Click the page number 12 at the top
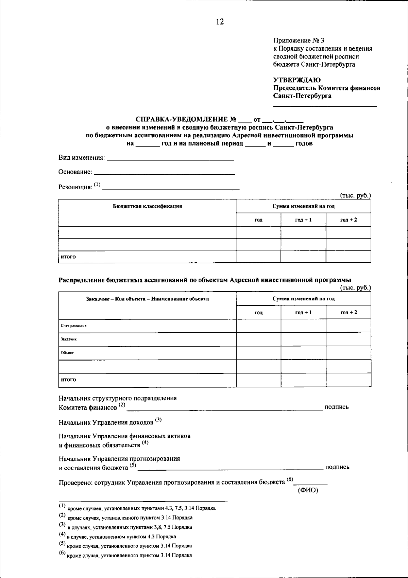pyautogui.click(x=220, y=22)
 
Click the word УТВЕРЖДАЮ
pyautogui.click(x=297, y=80)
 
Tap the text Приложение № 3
pyautogui.click(x=299, y=40)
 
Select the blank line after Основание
pyautogui.click(x=164, y=174)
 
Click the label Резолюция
pyautogui.click(x=75, y=187)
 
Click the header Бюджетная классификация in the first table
pyautogui.click(x=147, y=206)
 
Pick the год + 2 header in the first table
pyautogui.click(x=348, y=220)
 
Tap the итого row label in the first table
pyautogui.click(x=68, y=257)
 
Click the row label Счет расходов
pyautogui.click(x=73, y=326)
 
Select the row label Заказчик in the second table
pyautogui.click(x=69, y=339)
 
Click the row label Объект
pyautogui.click(x=67, y=353)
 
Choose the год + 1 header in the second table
pyautogui.click(x=303, y=312)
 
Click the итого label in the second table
pyautogui.click(x=68, y=380)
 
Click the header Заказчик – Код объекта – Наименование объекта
pyautogui.click(x=147, y=299)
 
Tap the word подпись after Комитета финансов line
pyautogui.click(x=337, y=407)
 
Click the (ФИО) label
pyautogui.click(x=308, y=490)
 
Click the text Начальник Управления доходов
pyautogui.click(x=106, y=422)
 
